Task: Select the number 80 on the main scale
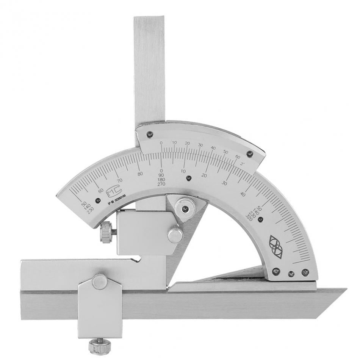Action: [141, 174]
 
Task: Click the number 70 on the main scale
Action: [120, 180]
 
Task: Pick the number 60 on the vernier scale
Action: [238, 157]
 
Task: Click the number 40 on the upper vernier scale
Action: [213, 148]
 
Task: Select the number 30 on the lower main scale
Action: [225, 183]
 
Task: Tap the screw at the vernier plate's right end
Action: [249, 153]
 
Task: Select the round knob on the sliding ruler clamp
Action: [99, 281]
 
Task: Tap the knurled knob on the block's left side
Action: [106, 232]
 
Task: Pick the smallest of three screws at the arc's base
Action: [291, 273]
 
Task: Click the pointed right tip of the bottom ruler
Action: [345, 290]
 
